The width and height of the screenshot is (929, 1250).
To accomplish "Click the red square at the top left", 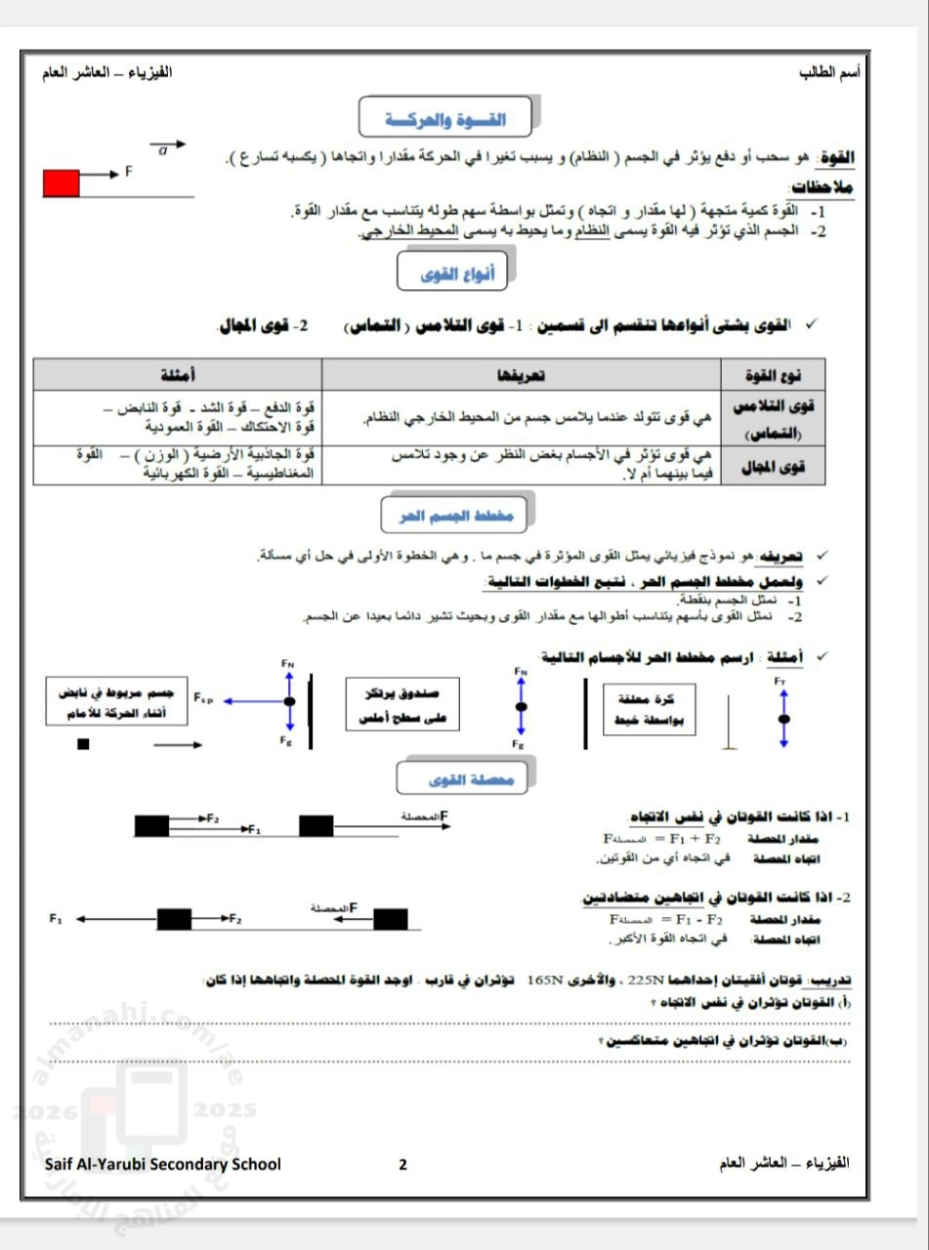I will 61,183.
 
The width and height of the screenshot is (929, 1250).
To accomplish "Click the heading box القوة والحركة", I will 444,117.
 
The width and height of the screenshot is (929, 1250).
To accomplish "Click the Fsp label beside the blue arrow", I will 203,699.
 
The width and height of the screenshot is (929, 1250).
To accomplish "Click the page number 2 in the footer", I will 402,1164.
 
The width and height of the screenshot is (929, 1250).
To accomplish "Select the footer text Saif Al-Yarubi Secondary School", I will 162,1164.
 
